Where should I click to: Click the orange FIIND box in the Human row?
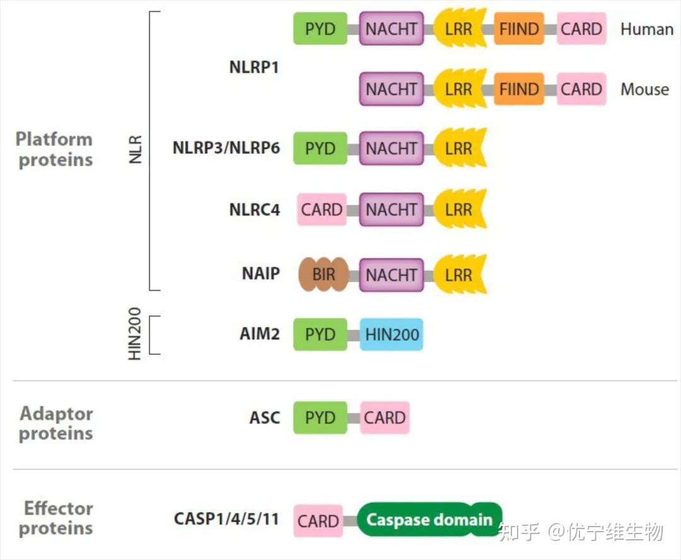tap(519, 29)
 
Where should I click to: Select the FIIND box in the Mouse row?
tap(519, 90)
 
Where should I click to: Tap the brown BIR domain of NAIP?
tap(323, 275)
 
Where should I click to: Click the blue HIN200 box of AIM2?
tap(392, 334)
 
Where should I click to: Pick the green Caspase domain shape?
tap(429, 520)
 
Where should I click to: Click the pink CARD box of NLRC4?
tap(322, 210)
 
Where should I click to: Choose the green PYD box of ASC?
tap(320, 417)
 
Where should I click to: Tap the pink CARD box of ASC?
tap(385, 417)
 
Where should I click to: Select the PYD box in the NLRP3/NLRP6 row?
tap(320, 149)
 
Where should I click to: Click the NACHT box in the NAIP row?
tap(392, 275)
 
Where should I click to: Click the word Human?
tap(646, 29)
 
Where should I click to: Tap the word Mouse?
tap(644, 90)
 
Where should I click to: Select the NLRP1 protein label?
tap(253, 67)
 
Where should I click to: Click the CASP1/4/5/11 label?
tap(226, 520)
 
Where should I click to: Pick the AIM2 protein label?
tap(259, 334)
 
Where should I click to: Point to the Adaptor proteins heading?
tap(56, 423)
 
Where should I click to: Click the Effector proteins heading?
tap(57, 518)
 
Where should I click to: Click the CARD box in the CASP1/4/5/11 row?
tap(318, 521)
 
